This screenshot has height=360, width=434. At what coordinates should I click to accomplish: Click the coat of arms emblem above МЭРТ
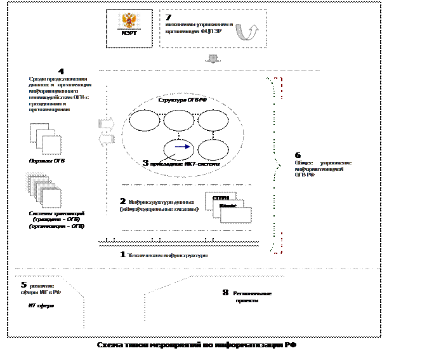click(132, 22)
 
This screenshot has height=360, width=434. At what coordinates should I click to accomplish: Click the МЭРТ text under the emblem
click(132, 34)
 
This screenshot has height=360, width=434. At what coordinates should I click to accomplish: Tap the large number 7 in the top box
click(168, 18)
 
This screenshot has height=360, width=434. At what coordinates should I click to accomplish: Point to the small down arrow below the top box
click(214, 59)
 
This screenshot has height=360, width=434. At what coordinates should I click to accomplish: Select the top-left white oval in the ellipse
click(145, 121)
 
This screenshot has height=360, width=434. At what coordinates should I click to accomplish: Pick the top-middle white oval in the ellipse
click(179, 121)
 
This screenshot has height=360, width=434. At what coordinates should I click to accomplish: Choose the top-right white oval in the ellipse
click(213, 121)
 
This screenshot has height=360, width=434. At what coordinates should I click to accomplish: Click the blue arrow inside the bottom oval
click(182, 147)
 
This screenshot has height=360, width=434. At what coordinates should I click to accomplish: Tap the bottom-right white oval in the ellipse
click(213, 150)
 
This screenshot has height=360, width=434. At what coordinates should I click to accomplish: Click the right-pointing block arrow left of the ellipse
click(107, 124)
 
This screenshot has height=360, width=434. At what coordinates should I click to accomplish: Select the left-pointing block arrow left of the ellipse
click(107, 138)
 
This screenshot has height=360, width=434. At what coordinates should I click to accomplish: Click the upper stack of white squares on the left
click(46, 139)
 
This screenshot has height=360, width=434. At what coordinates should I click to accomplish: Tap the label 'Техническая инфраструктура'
click(168, 255)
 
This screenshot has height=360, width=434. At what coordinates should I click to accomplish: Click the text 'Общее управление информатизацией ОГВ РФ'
click(323, 168)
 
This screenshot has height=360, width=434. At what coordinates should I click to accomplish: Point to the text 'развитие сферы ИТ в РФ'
click(45, 290)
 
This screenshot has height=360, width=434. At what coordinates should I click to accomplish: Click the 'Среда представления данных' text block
click(60, 94)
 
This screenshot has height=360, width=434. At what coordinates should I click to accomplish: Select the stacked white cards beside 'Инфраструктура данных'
click(228, 206)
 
